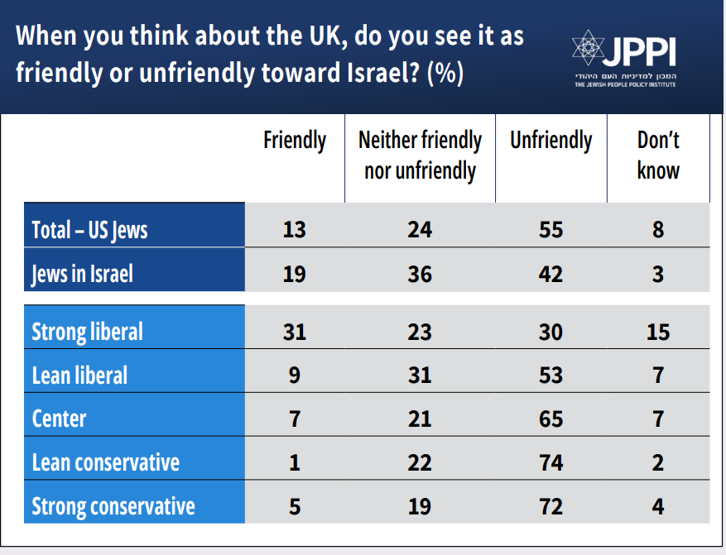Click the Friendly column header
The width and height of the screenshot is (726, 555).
click(295, 141)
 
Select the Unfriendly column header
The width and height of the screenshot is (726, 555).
click(551, 141)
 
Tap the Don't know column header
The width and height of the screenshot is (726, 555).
click(658, 155)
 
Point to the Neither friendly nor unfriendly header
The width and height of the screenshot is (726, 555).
click(420, 155)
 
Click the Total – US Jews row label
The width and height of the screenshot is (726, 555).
click(89, 229)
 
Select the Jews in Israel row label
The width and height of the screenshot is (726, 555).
click(82, 273)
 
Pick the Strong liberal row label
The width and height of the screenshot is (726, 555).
click(87, 332)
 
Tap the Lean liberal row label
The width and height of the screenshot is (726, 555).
click(79, 376)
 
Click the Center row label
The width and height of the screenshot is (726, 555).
click(59, 419)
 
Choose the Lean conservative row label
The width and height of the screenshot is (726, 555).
click(105, 462)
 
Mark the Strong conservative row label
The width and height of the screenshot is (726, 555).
click(113, 505)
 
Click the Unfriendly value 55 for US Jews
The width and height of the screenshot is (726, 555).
click(551, 229)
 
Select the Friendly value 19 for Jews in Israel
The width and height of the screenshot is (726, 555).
click(294, 273)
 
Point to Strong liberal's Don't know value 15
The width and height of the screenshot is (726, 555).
click(658, 332)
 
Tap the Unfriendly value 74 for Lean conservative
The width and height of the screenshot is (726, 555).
click(551, 462)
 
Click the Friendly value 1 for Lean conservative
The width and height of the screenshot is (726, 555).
click(294, 462)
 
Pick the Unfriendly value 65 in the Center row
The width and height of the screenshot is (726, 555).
click(551, 419)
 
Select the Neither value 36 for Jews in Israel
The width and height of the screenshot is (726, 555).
click(420, 273)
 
